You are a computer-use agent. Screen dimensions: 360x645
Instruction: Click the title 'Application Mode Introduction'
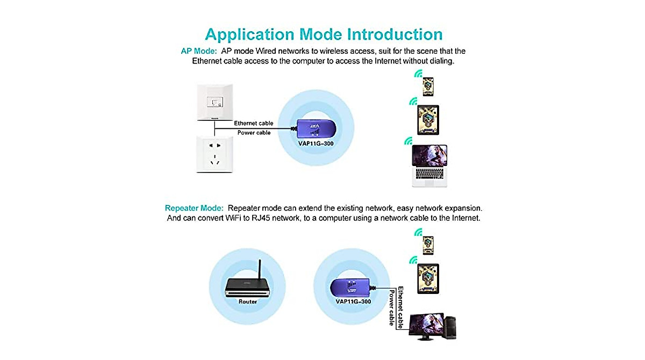click(324, 34)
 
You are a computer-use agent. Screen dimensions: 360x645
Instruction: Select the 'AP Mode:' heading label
click(198, 51)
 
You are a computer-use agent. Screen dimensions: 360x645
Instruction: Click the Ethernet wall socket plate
click(214, 102)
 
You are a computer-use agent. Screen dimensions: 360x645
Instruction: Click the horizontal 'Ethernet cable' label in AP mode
click(253, 123)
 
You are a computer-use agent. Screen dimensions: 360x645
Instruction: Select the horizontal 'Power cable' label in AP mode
click(254, 133)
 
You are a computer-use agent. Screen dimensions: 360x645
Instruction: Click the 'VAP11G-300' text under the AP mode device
click(317, 145)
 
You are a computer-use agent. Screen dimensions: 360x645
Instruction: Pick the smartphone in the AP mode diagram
click(428, 86)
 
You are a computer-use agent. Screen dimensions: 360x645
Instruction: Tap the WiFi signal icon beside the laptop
click(408, 141)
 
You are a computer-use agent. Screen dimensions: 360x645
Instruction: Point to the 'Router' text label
click(247, 301)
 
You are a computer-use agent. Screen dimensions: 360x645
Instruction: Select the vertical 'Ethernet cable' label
click(400, 304)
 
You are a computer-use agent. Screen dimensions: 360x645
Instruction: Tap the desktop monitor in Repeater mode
click(426, 327)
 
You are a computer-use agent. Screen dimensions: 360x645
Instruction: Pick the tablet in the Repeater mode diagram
click(428, 278)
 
